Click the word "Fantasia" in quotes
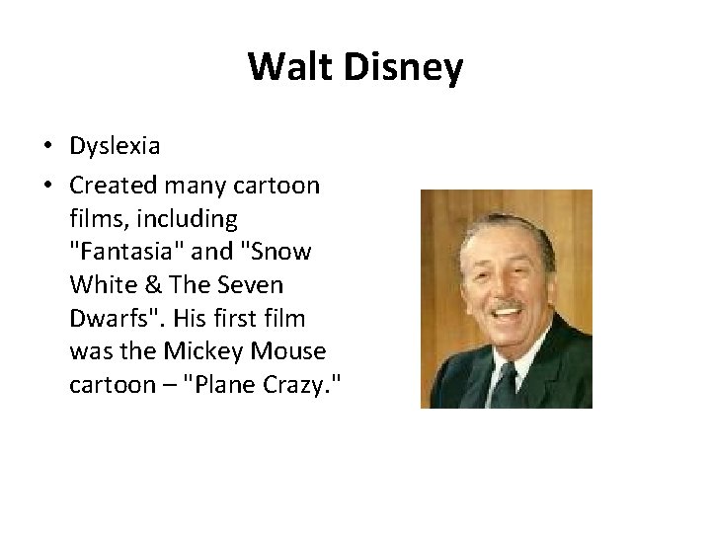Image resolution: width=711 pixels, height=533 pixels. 112,252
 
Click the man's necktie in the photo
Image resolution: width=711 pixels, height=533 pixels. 507,379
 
